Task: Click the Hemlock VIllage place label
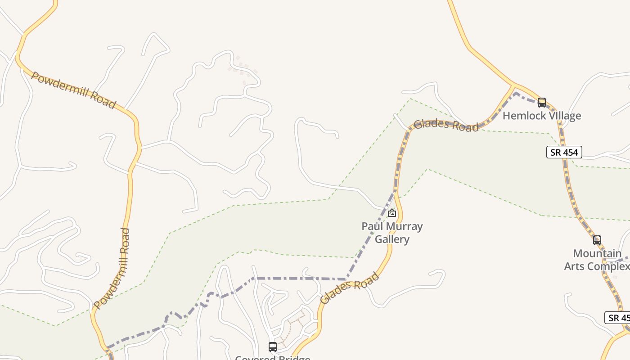[x=541, y=116]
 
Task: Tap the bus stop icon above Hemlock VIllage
[x=542, y=103]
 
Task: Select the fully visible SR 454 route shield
[x=564, y=152]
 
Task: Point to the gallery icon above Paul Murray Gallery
[x=392, y=213]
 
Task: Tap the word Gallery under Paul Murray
[x=392, y=239]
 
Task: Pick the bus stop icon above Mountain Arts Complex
[x=597, y=240]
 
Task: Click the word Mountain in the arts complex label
[x=597, y=253]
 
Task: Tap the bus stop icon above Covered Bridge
[x=273, y=347]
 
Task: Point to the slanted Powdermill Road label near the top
[x=73, y=90]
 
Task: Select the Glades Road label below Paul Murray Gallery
[x=349, y=288]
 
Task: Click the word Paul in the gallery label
[x=371, y=226]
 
